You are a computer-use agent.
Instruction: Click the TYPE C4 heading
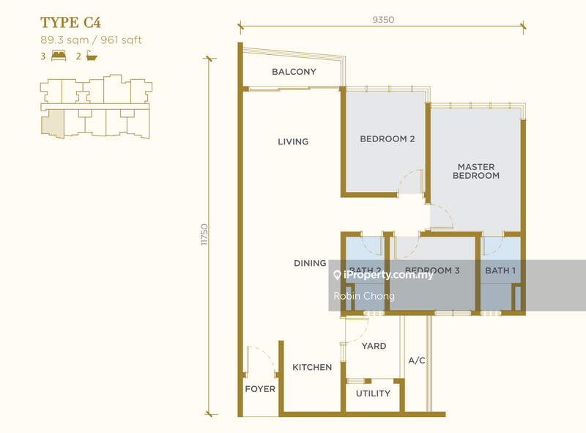click(x=70, y=21)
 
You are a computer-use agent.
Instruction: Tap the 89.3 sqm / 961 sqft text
click(x=91, y=40)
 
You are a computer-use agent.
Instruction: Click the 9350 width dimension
click(x=383, y=20)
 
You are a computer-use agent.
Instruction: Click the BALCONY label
click(x=294, y=72)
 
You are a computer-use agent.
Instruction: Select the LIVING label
click(x=293, y=141)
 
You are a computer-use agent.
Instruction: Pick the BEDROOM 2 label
click(x=387, y=138)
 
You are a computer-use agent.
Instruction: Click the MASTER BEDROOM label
click(x=476, y=171)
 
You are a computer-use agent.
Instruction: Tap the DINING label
click(x=310, y=263)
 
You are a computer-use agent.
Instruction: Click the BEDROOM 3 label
click(x=432, y=271)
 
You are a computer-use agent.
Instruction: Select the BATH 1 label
click(x=501, y=271)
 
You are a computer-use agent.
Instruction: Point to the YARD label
click(x=374, y=346)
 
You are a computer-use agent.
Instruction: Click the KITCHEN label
click(x=312, y=367)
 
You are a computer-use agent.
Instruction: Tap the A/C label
click(x=417, y=360)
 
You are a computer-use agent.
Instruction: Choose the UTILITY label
click(x=373, y=393)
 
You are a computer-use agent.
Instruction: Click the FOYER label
click(x=260, y=389)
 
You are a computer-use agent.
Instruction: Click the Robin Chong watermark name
click(x=364, y=296)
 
